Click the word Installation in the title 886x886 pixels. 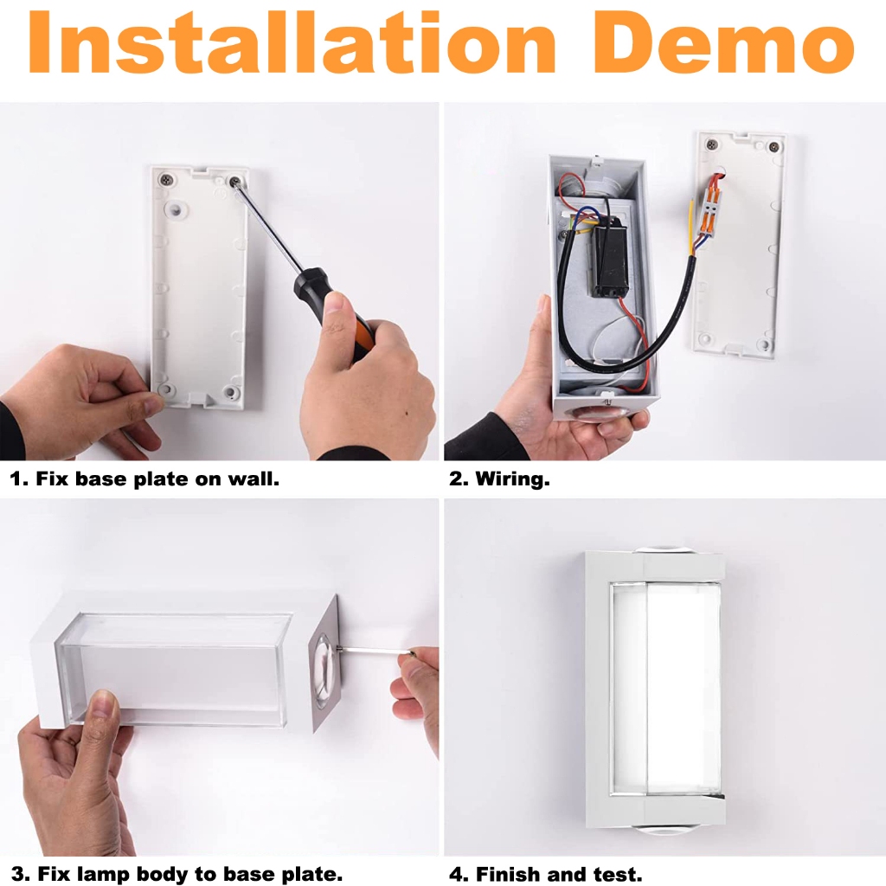[292, 43]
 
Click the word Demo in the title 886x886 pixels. [722, 43]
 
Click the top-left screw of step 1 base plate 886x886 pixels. [166, 180]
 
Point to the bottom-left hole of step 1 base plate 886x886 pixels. [165, 388]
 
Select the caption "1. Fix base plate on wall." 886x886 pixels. [144, 479]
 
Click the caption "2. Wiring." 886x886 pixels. [499, 479]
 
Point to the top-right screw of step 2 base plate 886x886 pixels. [774, 147]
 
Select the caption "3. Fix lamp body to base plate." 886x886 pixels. [177, 874]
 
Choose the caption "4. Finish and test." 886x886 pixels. [546, 874]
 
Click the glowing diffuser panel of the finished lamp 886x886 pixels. [667, 688]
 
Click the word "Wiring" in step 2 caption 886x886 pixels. [512, 479]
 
